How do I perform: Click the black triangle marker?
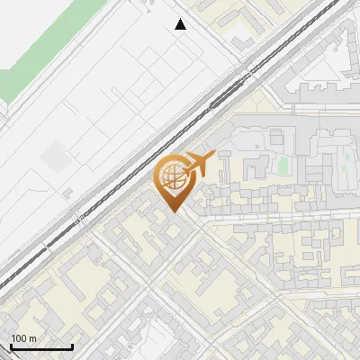pyautogui.click(x=181, y=24)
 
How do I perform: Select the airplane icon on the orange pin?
pyautogui.click(x=199, y=164)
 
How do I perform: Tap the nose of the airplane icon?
pyautogui.click(x=214, y=155)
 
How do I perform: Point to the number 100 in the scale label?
pyautogui.click(x=18, y=339)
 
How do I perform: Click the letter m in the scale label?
pyautogui.click(x=32, y=339)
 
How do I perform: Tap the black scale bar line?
pyautogui.click(x=41, y=347)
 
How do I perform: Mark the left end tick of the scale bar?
pyautogui.click(x=11, y=346)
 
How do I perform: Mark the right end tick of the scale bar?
pyautogui.click(x=72, y=346)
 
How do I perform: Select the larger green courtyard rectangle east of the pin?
pyautogui.click(x=282, y=166)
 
